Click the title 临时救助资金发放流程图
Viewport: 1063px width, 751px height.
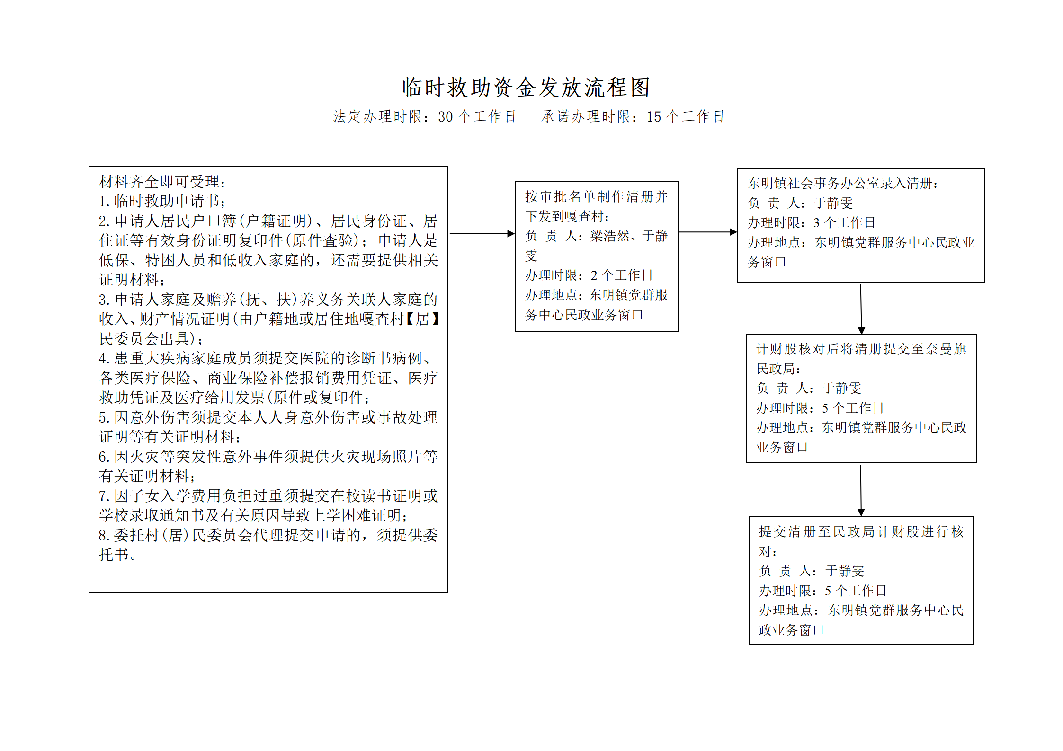click(x=526, y=88)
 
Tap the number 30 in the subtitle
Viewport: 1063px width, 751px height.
click(x=445, y=116)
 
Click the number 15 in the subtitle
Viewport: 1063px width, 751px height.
click(x=654, y=116)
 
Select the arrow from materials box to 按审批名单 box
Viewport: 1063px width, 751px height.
click(x=482, y=233)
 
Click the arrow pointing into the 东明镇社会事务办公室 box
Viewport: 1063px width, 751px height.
click(x=708, y=232)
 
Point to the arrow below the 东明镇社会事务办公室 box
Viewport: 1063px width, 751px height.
click(x=861, y=309)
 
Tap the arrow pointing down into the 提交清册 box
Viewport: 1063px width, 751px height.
click(x=861, y=490)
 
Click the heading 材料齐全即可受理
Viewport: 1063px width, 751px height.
click(x=162, y=182)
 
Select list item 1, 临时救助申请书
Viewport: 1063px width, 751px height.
click(x=162, y=201)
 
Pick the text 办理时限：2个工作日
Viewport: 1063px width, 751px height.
click(x=589, y=275)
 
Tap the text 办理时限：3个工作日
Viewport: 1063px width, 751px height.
click(x=811, y=222)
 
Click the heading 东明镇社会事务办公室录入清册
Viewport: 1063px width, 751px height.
click(x=842, y=183)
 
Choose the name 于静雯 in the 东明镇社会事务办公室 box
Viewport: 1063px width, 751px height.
click(x=833, y=203)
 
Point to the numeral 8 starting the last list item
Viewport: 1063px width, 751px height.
click(x=102, y=535)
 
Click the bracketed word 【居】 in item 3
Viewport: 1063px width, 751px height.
click(x=422, y=319)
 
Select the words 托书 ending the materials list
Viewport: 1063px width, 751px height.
click(x=114, y=555)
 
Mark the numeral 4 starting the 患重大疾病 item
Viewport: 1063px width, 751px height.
click(x=102, y=358)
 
